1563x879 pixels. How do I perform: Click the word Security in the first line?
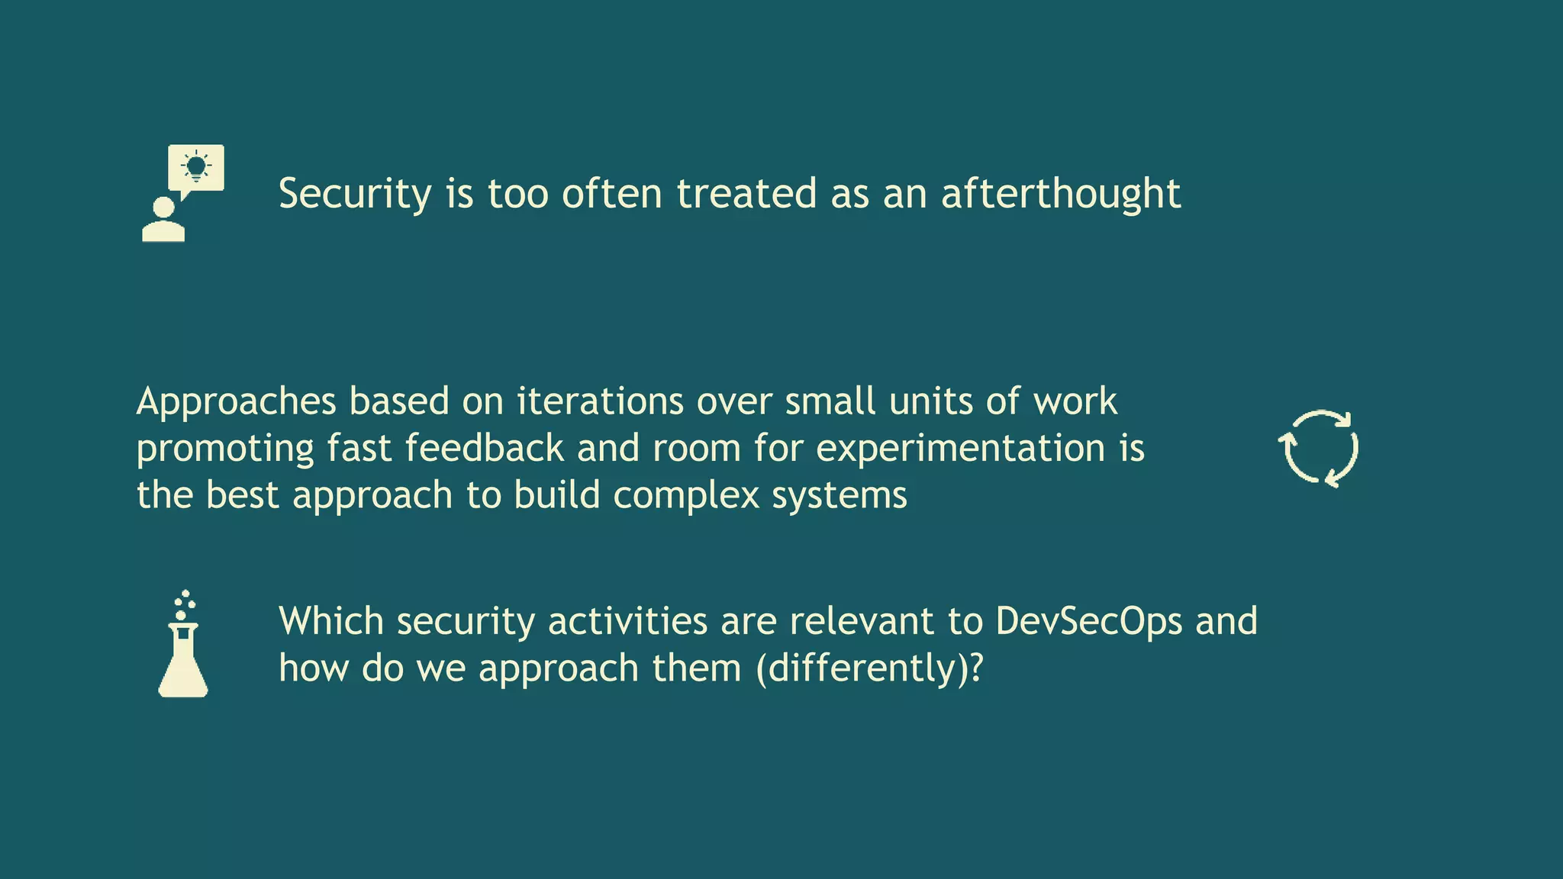pos(355,194)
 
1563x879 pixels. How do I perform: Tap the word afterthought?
pos(1061,194)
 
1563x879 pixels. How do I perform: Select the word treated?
pos(746,194)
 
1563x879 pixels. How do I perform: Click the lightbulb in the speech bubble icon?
pos(196,166)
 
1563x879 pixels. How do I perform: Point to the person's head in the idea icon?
pos(163,208)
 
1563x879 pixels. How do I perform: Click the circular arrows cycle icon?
pos(1319,449)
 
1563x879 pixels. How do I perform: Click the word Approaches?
pos(237,402)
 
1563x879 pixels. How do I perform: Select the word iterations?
pos(600,402)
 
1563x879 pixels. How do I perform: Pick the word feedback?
pos(485,448)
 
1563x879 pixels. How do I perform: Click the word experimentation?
pos(961,448)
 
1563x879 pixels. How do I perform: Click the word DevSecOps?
pos(1089,621)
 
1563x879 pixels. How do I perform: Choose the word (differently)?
pos(862,668)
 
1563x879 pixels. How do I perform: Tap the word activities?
pos(628,621)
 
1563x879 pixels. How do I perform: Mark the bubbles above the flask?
pos(184,604)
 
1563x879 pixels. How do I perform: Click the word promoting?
pos(225,449)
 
